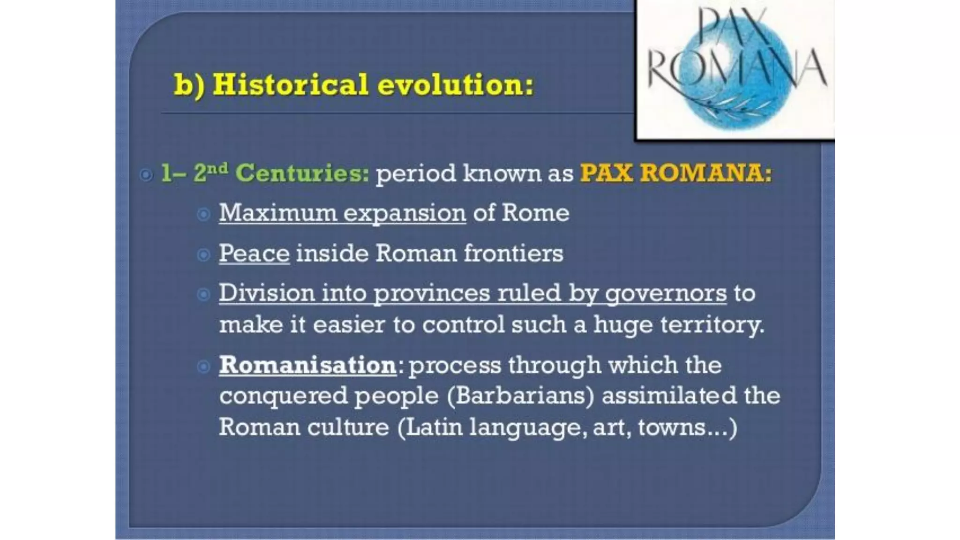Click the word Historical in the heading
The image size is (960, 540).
290,85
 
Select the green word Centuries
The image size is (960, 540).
302,173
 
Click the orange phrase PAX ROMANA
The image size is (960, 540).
675,173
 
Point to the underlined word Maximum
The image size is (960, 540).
278,213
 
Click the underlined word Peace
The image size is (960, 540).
254,254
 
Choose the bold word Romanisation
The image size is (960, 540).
308,365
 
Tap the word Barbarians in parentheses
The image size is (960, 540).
520,396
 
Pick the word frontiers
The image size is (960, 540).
513,254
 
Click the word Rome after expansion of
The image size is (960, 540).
535,213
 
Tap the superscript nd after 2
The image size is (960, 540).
218,168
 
